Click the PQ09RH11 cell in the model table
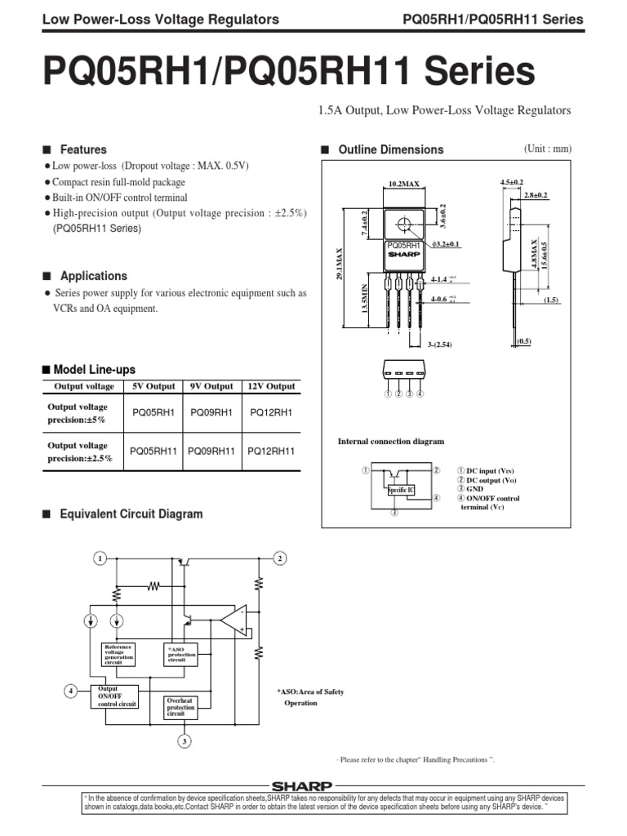tap(211, 451)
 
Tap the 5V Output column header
tap(153, 386)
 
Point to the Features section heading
tap(83, 150)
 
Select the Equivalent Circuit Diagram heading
tap(131, 514)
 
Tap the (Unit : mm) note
tap(548, 149)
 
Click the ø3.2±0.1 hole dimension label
tap(447, 244)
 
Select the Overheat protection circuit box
tap(180, 707)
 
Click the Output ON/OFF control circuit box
tap(118, 696)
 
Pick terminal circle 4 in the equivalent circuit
tap(71, 691)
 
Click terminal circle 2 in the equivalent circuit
tap(279, 558)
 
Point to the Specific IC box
tap(401, 489)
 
